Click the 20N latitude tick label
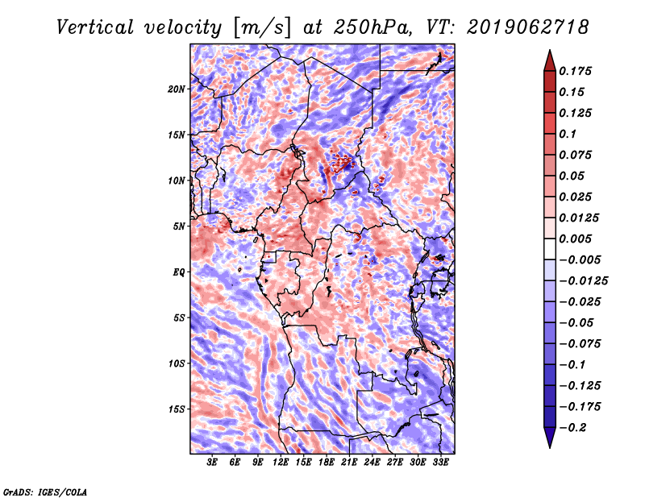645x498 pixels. pyautogui.click(x=176, y=89)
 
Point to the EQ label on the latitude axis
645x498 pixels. pyautogui.click(x=178, y=272)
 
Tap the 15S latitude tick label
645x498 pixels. pyautogui.click(x=177, y=409)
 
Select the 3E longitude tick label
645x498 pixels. pyautogui.click(x=212, y=463)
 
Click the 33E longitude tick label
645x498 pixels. pyautogui.click(x=440, y=463)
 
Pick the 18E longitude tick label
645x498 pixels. pyautogui.click(x=327, y=463)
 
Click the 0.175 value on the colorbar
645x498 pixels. pyautogui.click(x=575, y=71)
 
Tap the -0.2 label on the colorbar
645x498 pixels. pyautogui.click(x=572, y=428)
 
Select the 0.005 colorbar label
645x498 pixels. pyautogui.click(x=575, y=239)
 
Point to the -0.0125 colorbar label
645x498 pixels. pyautogui.click(x=583, y=281)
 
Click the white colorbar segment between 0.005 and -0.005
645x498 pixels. pyautogui.click(x=550, y=249)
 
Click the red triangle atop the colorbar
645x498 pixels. pyautogui.click(x=550, y=60)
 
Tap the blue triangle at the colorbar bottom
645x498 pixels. pyautogui.click(x=550, y=438)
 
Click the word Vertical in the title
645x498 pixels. pyautogui.click(x=95, y=27)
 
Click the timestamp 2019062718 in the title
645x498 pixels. pyautogui.click(x=528, y=27)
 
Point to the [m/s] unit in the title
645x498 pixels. pyautogui.click(x=262, y=28)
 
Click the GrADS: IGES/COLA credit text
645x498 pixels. pyautogui.click(x=45, y=492)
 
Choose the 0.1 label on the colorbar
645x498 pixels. pyautogui.click(x=568, y=134)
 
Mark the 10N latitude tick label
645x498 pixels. pyautogui.click(x=176, y=181)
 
